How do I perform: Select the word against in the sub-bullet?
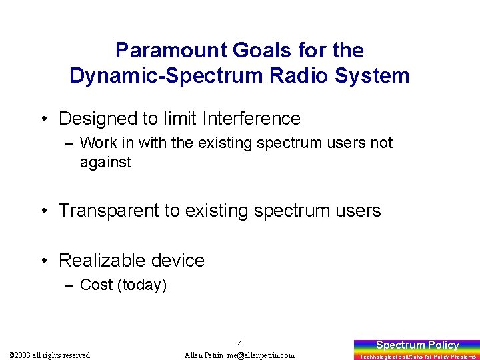pos(105,162)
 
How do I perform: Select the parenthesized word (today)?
pos(142,285)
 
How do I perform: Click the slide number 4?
pos(240,344)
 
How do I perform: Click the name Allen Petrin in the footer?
pos(204,355)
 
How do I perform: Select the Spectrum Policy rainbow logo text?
pos(417,345)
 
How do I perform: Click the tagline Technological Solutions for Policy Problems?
pos(417,357)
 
